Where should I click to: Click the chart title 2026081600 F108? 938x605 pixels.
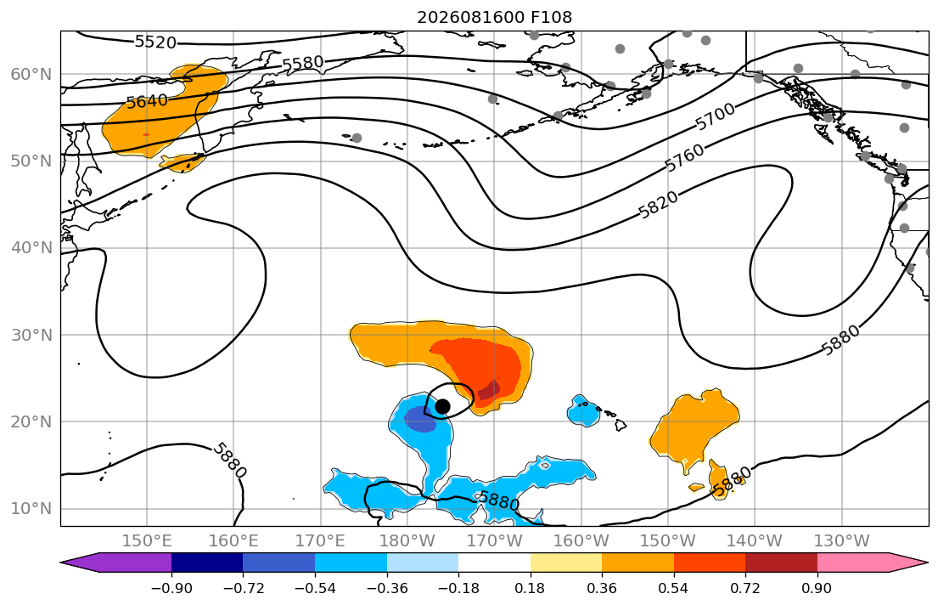(494, 17)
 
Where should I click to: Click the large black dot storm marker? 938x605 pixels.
(442, 407)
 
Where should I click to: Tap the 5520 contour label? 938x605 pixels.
(155, 42)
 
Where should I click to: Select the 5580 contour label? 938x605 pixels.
(303, 64)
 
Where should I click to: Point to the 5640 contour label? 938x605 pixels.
(147, 102)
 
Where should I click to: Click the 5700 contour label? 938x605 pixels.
(715, 116)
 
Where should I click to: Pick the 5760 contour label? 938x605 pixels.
(685, 157)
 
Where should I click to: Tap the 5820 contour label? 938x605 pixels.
(659, 204)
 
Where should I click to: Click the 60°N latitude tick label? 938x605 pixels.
(31, 74)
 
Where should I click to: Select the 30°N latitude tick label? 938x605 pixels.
(31, 335)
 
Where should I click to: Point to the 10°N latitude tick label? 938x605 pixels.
(31, 509)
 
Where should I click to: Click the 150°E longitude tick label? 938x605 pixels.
(147, 541)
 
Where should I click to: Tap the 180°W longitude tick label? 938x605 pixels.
(408, 541)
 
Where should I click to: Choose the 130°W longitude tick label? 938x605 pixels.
(842, 541)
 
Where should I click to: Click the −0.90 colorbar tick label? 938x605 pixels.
(171, 588)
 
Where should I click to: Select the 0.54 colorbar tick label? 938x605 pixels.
(674, 588)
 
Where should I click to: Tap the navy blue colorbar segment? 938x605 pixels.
(207, 563)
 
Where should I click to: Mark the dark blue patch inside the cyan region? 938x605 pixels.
(420, 419)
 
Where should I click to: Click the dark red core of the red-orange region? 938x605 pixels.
(489, 390)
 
